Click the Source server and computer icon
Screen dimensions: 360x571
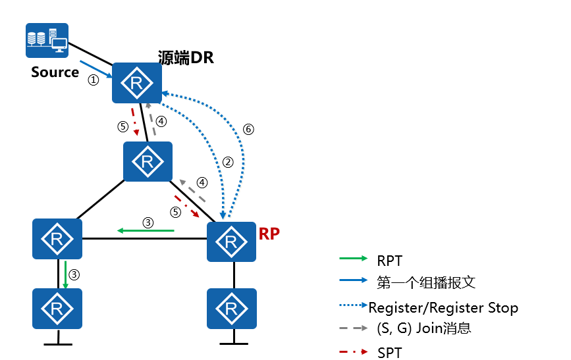coord(46,39)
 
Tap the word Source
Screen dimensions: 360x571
coord(55,72)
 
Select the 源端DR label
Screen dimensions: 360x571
coord(186,58)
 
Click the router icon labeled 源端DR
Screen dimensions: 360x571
coord(137,83)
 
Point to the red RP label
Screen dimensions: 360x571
coord(269,234)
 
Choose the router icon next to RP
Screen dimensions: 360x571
coord(231,242)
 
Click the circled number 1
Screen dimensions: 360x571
coord(94,80)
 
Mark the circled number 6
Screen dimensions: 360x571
coord(248,129)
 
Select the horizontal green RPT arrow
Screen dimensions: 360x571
coord(146,230)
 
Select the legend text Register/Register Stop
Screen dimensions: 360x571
coord(443,307)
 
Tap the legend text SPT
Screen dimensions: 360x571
coord(389,352)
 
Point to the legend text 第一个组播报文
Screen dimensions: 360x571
coord(426,283)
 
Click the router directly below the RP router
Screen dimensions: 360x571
coord(231,308)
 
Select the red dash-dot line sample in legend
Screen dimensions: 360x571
coord(354,352)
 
